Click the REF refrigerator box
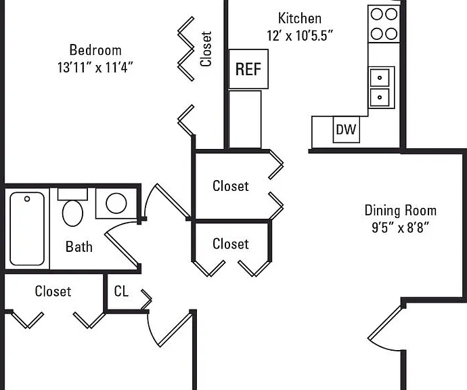pyautogui.click(x=248, y=69)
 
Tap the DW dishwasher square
pyautogui.click(x=346, y=129)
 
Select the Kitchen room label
pyautogui.click(x=300, y=18)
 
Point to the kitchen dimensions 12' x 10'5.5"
pyautogui.click(x=300, y=35)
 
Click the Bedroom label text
pyautogui.click(x=95, y=49)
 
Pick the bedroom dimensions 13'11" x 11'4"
pyautogui.click(x=95, y=67)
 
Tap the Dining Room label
pyautogui.click(x=401, y=211)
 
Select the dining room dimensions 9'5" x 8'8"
pyautogui.click(x=401, y=228)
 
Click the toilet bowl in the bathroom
pyautogui.click(x=72, y=213)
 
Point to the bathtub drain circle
pyautogui.click(x=27, y=199)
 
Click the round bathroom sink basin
pyautogui.click(x=116, y=203)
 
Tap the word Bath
pyautogui.click(x=79, y=246)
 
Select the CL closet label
pyautogui.click(x=121, y=291)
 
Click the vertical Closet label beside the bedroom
pyautogui.click(x=206, y=49)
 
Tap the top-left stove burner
pyautogui.click(x=377, y=14)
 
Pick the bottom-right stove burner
pyautogui.click(x=391, y=34)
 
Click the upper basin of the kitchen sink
pyautogui.click(x=380, y=78)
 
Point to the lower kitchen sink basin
pyautogui.click(x=380, y=97)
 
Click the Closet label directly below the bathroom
pyautogui.click(x=53, y=291)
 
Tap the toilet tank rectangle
pyautogui.click(x=72, y=194)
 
